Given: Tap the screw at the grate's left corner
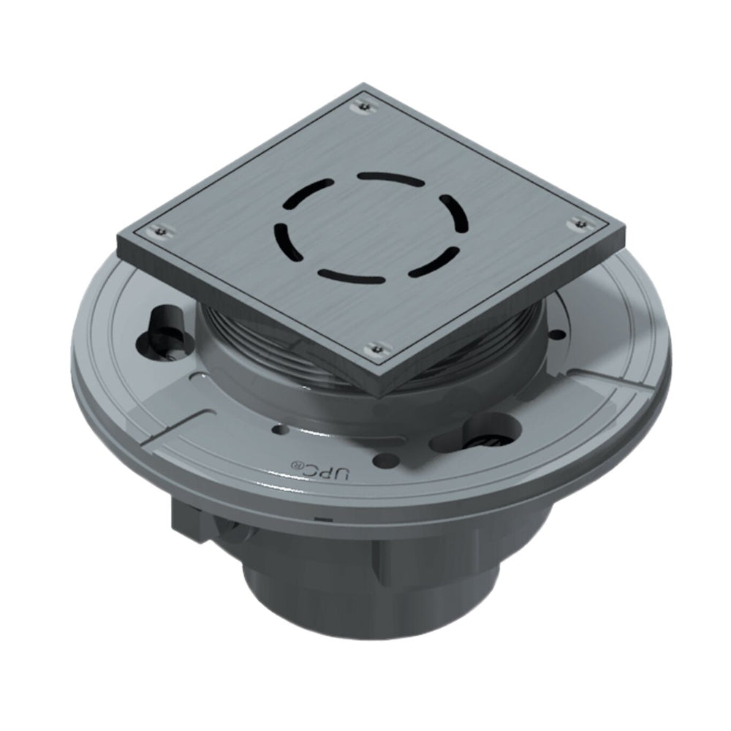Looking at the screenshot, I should point(160,232).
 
